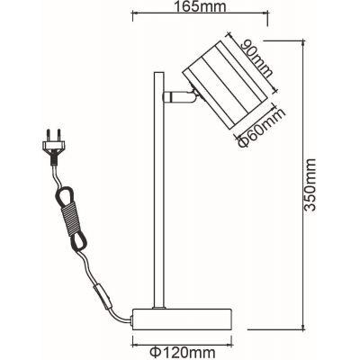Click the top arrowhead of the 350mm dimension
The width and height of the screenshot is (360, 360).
pyautogui.click(x=302, y=40)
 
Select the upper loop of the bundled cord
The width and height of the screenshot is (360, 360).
pyautogui.click(x=65, y=193)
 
